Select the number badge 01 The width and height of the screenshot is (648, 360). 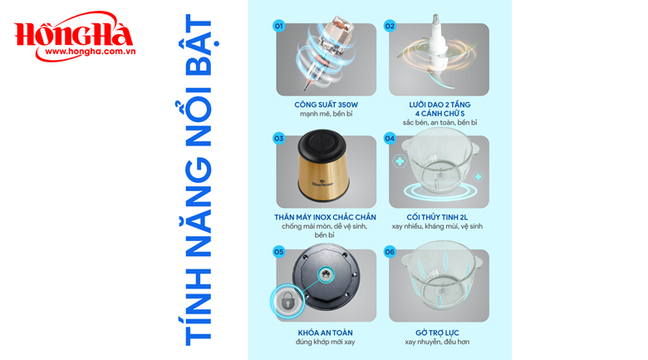[279, 26]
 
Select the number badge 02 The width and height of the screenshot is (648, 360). [390, 26]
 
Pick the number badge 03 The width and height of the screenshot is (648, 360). [279, 138]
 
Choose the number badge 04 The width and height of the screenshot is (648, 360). [390, 138]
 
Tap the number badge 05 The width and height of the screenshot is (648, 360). [279, 251]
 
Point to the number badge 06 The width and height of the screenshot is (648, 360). [390, 251]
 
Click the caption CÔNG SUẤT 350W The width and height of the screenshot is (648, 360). [326, 105]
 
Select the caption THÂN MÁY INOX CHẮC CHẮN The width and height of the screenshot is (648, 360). [325, 217]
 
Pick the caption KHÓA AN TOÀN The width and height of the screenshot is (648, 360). [325, 333]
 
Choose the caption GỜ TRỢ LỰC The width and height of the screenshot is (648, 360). [437, 333]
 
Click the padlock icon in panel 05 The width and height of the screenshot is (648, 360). [287, 302]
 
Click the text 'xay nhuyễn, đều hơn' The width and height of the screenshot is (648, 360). [438, 342]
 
